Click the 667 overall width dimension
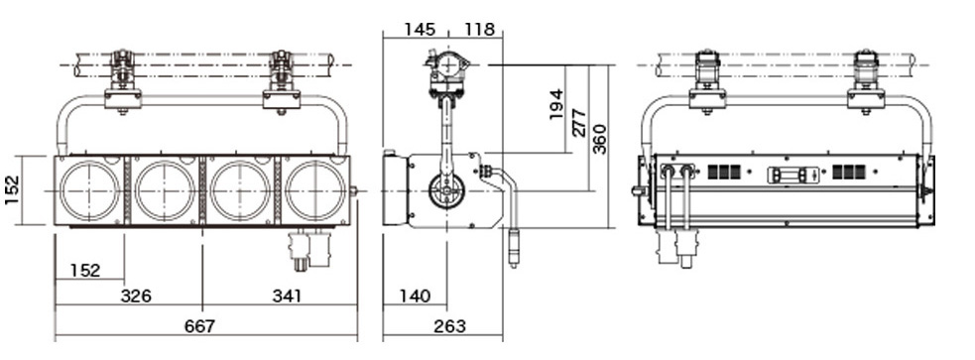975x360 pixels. (x=199, y=326)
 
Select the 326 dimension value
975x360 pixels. (x=136, y=296)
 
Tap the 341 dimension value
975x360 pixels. (x=287, y=296)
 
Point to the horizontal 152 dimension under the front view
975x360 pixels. (x=85, y=271)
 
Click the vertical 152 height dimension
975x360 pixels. (x=12, y=190)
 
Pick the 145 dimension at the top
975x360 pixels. (x=420, y=29)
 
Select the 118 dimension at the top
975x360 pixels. (x=479, y=29)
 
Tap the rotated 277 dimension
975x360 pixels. (x=578, y=123)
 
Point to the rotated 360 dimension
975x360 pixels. (x=599, y=139)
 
